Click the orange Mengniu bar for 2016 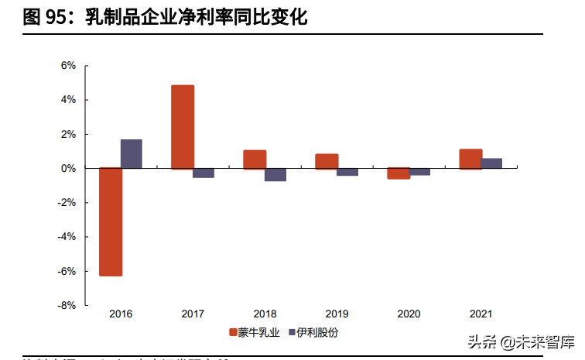pos(111,221)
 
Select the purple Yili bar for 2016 pos(132,154)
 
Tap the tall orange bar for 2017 pos(183,127)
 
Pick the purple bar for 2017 pos(204,173)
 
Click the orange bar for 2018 pos(255,159)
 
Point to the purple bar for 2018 pos(275,174)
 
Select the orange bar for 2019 pos(327,161)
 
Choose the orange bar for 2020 pos(399,173)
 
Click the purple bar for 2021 pos(491,163)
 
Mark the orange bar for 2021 pos(470,159)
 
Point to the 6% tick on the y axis pos(68,66)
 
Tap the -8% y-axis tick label pos(67,306)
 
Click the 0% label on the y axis pos(68,168)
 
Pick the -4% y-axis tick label pos(67,237)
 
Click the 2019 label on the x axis pos(337,314)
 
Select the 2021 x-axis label pos(481,314)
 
